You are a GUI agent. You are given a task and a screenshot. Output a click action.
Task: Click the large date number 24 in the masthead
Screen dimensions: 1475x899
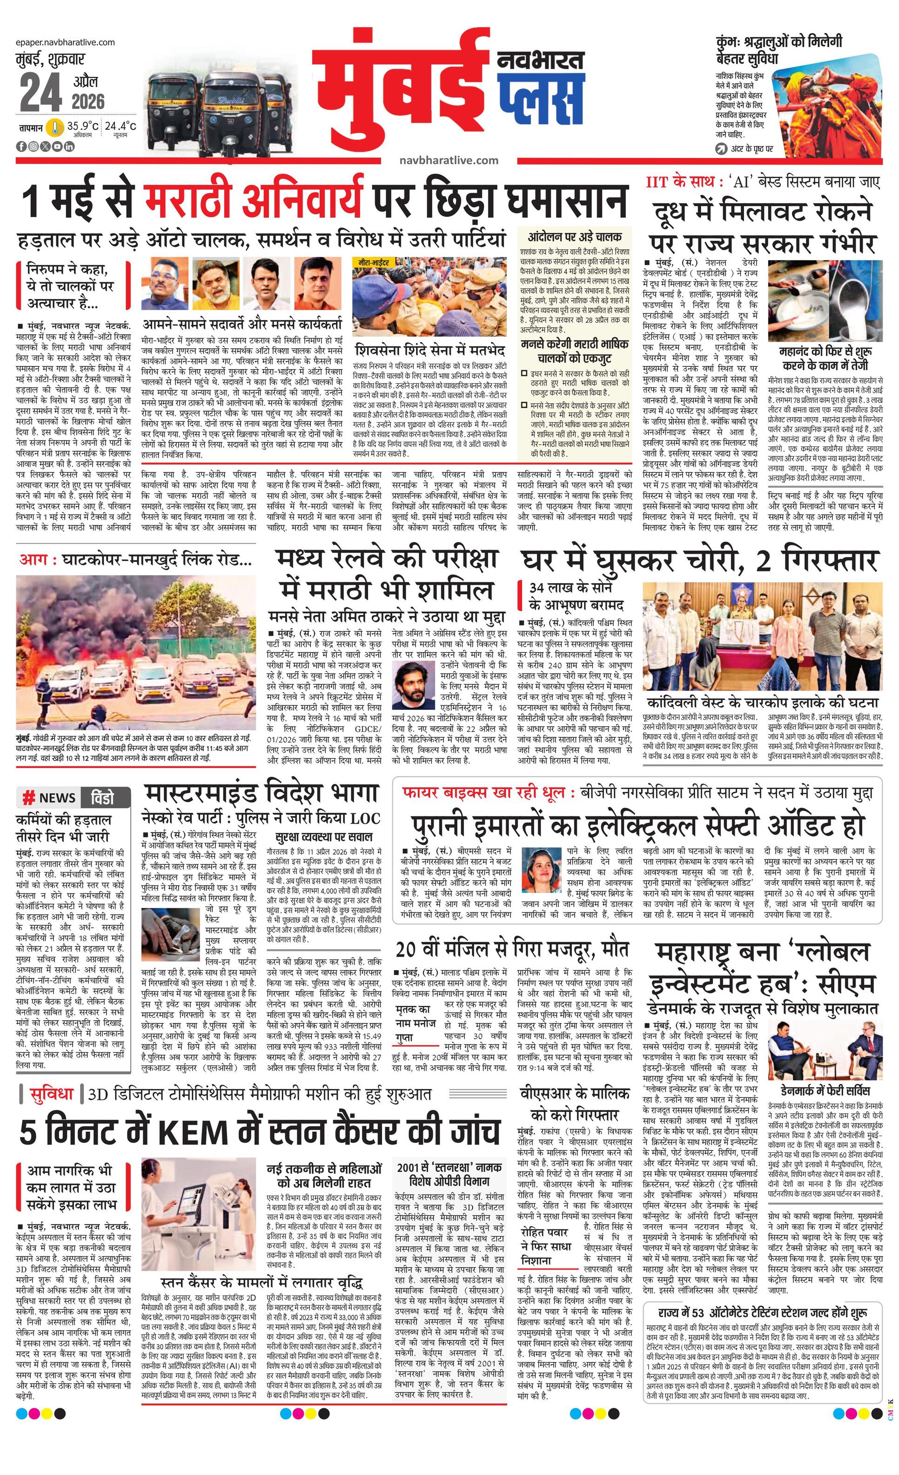[41, 93]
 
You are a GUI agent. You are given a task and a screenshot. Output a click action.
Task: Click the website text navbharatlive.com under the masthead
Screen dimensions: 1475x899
[449, 160]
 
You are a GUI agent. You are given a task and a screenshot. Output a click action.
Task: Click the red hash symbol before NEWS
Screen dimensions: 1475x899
[27, 798]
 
